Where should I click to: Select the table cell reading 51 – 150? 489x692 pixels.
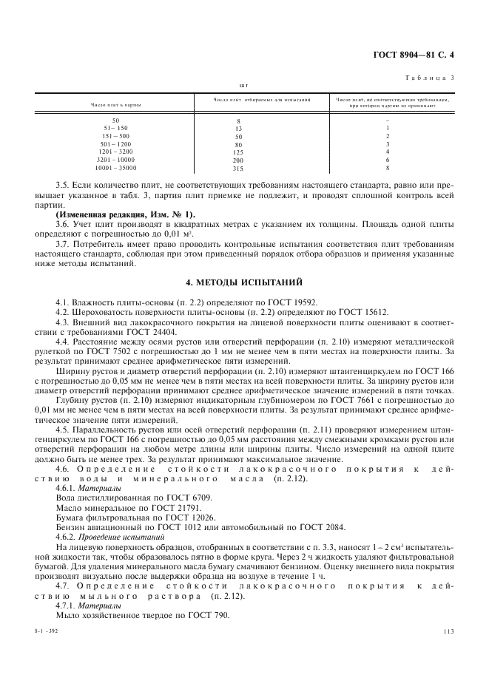click(x=115, y=128)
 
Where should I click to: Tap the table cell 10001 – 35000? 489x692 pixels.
click(x=115, y=168)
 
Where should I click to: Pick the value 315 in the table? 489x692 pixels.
click(x=238, y=168)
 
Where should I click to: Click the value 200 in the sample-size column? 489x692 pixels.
click(x=238, y=160)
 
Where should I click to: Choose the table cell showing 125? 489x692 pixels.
click(x=238, y=152)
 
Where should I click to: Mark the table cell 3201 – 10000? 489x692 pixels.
click(x=115, y=160)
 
